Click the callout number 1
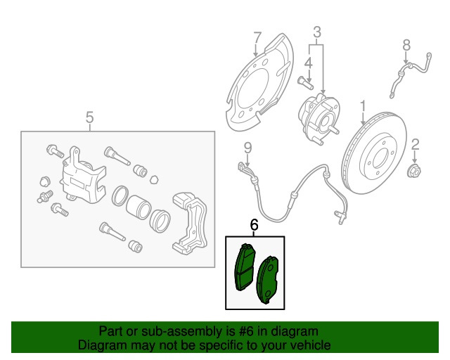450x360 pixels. click(x=364, y=107)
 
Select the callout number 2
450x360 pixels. click(x=415, y=145)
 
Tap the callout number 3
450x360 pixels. click(x=317, y=32)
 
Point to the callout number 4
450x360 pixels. click(x=307, y=63)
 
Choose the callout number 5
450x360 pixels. click(x=89, y=117)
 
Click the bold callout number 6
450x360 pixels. click(x=255, y=225)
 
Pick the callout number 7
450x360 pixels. click(x=257, y=37)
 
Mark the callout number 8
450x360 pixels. click(x=406, y=46)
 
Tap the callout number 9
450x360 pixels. click(x=247, y=148)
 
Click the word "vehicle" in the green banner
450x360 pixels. click(x=307, y=346)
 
